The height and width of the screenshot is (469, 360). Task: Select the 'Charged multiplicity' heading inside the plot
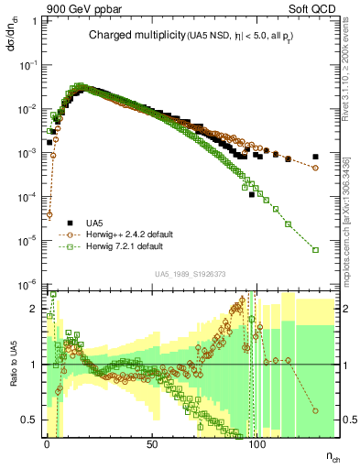(128, 36)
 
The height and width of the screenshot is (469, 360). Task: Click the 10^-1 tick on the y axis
(27, 66)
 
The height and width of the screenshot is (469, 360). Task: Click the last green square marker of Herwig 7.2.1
(315, 249)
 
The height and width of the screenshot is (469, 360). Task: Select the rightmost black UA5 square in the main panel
(315, 157)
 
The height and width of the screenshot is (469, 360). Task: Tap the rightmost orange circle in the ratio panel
(315, 410)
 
